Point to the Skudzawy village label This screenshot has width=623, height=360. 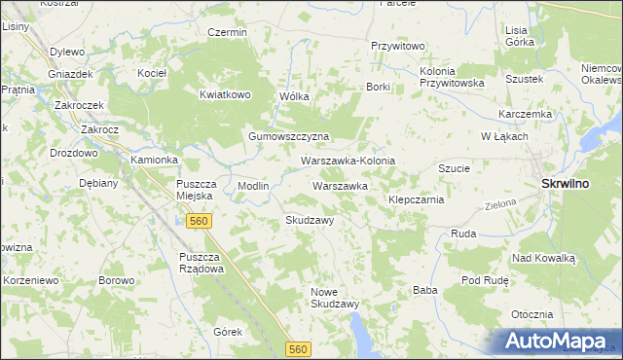(310, 220)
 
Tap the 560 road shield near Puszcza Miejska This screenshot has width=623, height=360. (199, 221)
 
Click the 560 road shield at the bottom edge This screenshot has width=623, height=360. (298, 348)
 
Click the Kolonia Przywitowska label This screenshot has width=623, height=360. (452, 78)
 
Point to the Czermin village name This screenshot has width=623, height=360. (228, 32)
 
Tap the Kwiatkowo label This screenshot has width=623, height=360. (226, 94)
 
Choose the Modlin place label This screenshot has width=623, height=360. (253, 185)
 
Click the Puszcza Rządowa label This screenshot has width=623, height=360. (202, 263)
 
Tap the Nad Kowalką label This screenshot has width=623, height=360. (544, 258)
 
